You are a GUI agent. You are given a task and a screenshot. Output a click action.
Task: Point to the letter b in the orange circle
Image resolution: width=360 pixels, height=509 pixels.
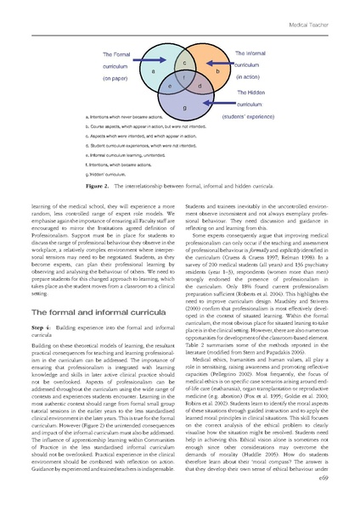(x=217, y=72)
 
